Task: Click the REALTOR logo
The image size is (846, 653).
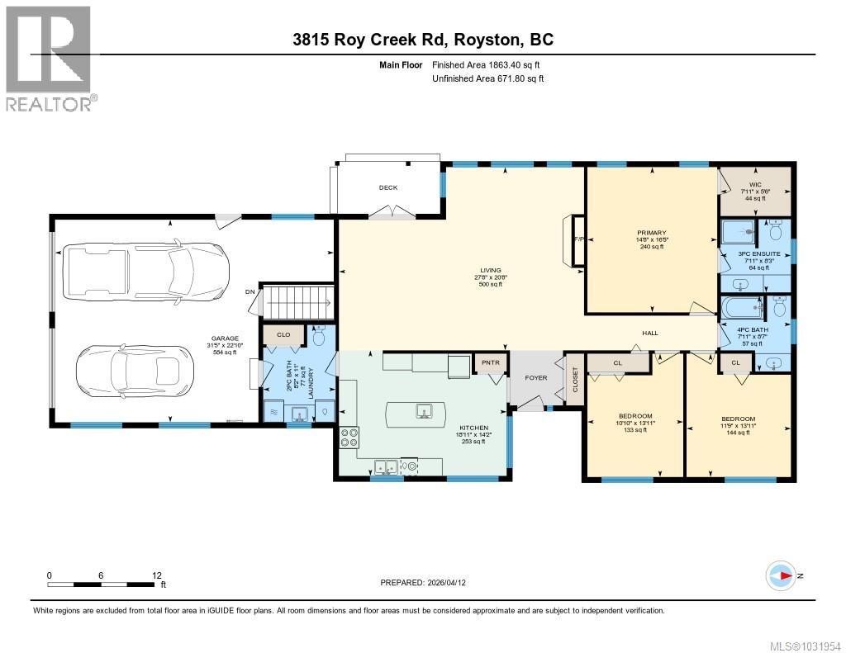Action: (49, 57)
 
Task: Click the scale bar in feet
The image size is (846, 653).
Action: (102, 584)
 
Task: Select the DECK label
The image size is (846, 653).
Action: (388, 187)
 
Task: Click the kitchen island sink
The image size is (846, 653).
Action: (423, 410)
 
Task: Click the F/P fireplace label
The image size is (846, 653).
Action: (578, 240)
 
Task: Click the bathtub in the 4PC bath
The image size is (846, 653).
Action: (741, 308)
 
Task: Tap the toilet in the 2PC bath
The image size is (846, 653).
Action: (321, 336)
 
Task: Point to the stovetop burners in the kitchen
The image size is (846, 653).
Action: (348, 438)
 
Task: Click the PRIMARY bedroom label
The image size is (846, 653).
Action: (651, 234)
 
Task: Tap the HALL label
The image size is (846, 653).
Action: (651, 333)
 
